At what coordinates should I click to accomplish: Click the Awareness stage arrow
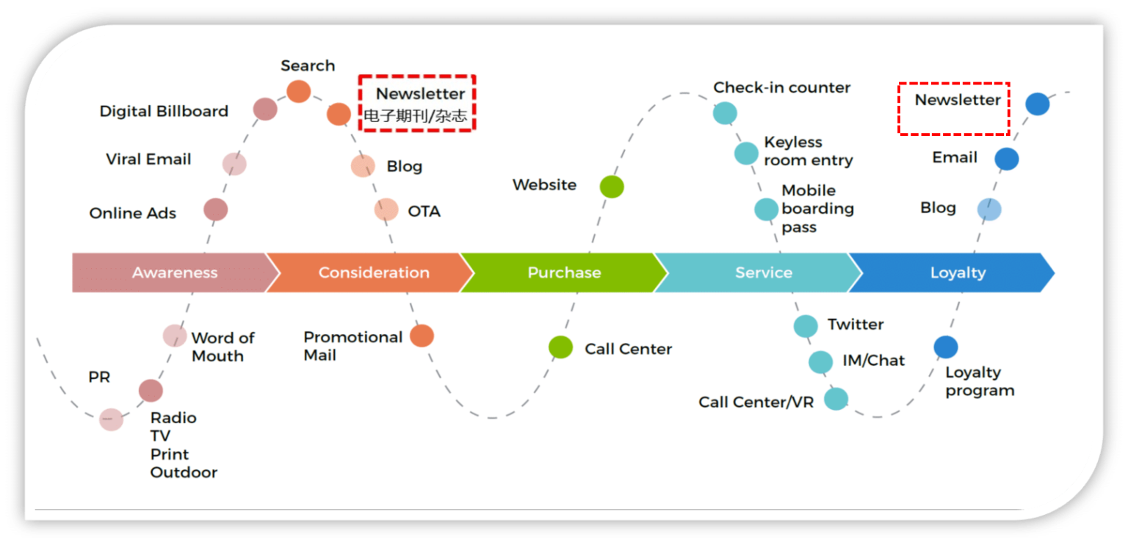click(175, 272)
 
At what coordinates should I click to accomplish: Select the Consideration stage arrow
click(373, 272)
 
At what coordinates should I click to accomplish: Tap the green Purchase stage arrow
click(564, 272)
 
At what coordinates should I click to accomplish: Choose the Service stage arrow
click(764, 272)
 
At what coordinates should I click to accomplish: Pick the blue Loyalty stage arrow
click(958, 272)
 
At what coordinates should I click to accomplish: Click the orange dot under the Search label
click(298, 92)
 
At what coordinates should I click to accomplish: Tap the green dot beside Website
click(612, 187)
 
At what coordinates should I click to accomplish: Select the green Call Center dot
click(561, 347)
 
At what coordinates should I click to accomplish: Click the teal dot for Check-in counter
click(725, 113)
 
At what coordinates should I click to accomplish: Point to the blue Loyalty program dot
click(946, 347)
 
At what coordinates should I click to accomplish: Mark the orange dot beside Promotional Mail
click(422, 336)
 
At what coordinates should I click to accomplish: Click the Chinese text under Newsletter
click(416, 115)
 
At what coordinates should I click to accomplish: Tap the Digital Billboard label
click(164, 112)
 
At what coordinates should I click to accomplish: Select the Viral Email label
click(148, 159)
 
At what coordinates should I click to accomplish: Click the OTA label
click(424, 212)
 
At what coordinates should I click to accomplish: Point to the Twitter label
click(856, 325)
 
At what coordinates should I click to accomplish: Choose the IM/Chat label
click(874, 361)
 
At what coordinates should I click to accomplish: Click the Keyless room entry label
click(808, 151)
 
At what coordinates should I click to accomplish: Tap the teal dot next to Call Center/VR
click(836, 399)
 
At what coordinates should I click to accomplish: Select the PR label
click(99, 378)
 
